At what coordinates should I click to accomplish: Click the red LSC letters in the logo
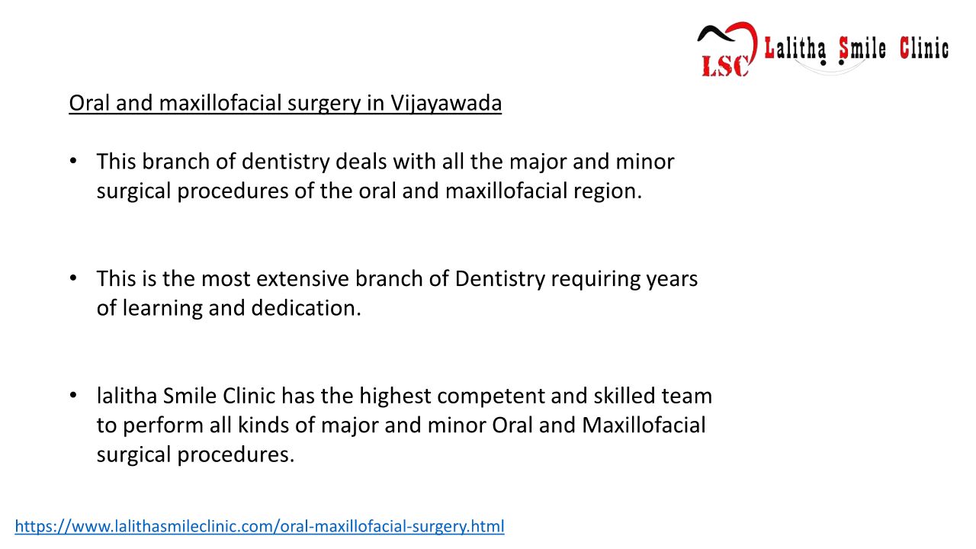pos(725,66)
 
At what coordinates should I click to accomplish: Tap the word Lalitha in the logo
pos(795,48)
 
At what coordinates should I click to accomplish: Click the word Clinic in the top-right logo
pos(924,48)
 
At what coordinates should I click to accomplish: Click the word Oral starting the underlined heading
pos(89,103)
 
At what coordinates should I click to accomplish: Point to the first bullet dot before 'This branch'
pos(73,161)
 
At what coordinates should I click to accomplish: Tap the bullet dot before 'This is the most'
pos(73,278)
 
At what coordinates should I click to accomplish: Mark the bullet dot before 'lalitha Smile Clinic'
pos(73,395)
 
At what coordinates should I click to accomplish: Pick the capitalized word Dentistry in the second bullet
pos(499,280)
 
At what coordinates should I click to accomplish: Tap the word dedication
pos(306,308)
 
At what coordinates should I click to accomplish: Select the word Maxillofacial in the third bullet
pos(644,425)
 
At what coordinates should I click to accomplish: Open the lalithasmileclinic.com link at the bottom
pos(260,526)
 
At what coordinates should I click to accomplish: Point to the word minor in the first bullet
pos(645,162)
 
